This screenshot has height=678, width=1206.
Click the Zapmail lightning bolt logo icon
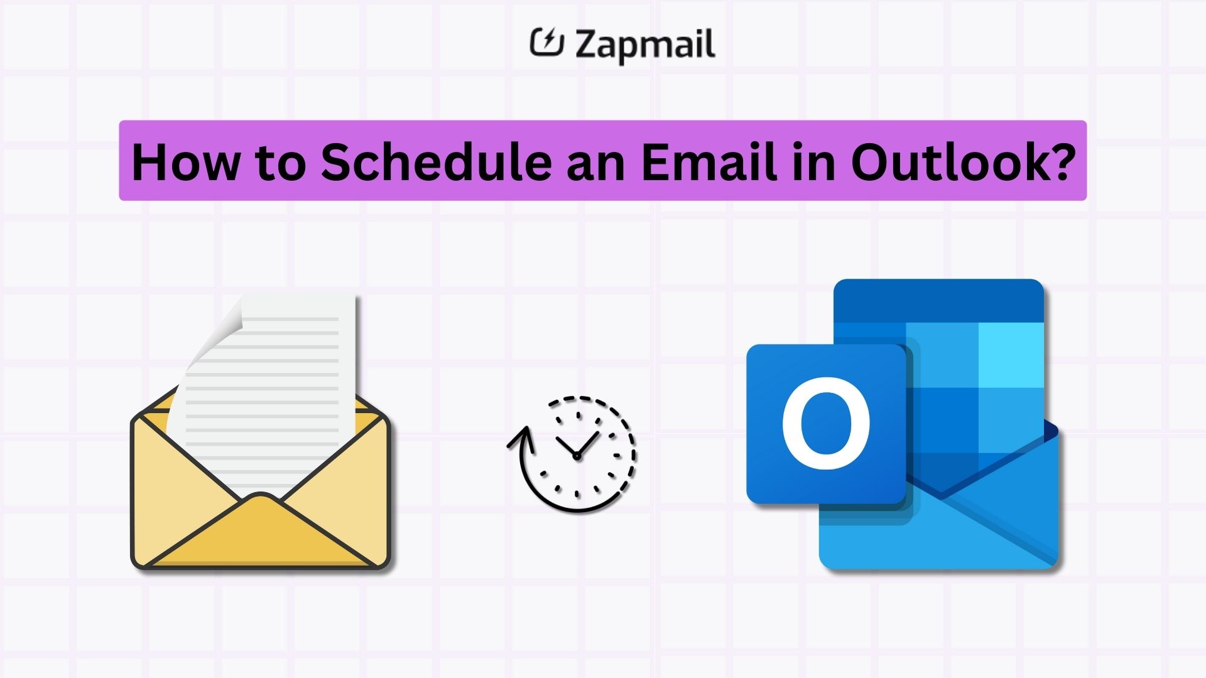(x=546, y=42)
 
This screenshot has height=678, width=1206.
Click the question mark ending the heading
(x=1058, y=162)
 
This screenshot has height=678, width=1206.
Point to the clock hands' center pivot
(x=577, y=456)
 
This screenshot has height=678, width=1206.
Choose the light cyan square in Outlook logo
(x=1009, y=355)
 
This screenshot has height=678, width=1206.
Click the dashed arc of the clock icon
(x=619, y=417)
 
